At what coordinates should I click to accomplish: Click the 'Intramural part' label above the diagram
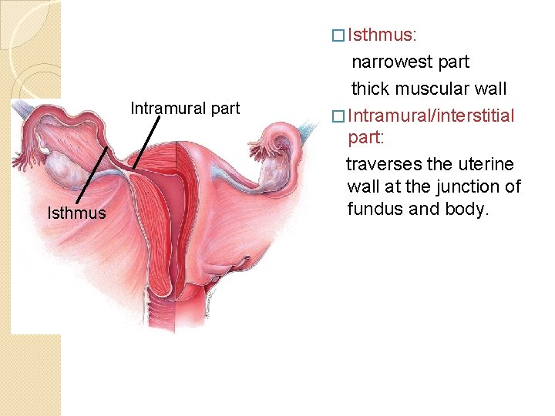coord(185,108)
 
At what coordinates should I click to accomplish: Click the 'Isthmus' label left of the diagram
coord(76,213)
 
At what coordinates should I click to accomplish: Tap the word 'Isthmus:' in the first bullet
coord(382,35)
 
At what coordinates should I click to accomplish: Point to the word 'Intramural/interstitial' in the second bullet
coord(431,116)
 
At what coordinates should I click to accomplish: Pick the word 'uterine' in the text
coord(487,164)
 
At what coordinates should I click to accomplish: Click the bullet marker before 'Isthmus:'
coord(335,35)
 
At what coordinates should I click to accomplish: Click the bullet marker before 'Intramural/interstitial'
coord(335,116)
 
